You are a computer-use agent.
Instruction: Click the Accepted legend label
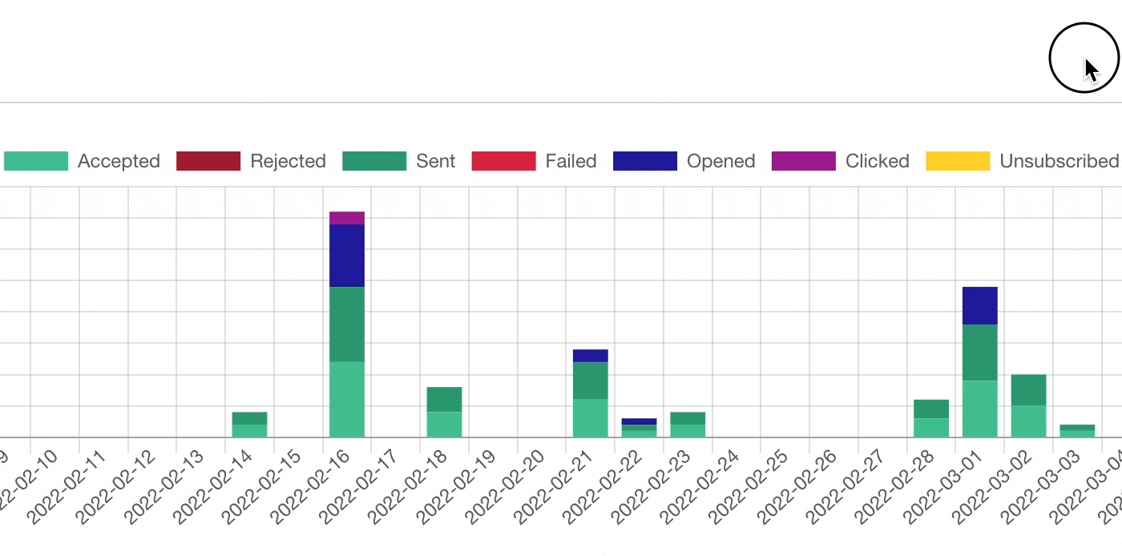[x=119, y=161]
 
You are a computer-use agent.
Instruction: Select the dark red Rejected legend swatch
[x=208, y=161]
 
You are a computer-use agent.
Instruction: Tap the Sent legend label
[x=435, y=161]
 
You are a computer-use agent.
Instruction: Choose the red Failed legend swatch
[x=503, y=161]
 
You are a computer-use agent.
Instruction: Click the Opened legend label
[x=720, y=161]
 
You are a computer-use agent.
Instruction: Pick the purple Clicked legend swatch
[x=803, y=161]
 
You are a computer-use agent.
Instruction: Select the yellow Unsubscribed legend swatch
[x=958, y=161]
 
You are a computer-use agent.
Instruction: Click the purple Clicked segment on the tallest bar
[x=347, y=218]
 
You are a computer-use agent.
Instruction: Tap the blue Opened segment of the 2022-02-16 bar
[x=347, y=256]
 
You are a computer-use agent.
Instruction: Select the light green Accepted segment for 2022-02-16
[x=347, y=399]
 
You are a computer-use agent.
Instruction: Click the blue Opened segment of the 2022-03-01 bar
[x=979, y=305]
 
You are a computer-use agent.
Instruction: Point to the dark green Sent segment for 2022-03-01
[x=979, y=353]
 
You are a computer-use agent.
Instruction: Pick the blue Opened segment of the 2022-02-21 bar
[x=590, y=356]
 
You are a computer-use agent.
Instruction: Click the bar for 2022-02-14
[x=249, y=425]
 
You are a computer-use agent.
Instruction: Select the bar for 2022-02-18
[x=444, y=412]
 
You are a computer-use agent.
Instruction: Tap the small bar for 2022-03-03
[x=1077, y=431]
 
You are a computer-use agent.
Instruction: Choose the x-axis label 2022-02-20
[x=495, y=485]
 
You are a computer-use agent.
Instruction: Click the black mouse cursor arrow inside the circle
[x=1091, y=70]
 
